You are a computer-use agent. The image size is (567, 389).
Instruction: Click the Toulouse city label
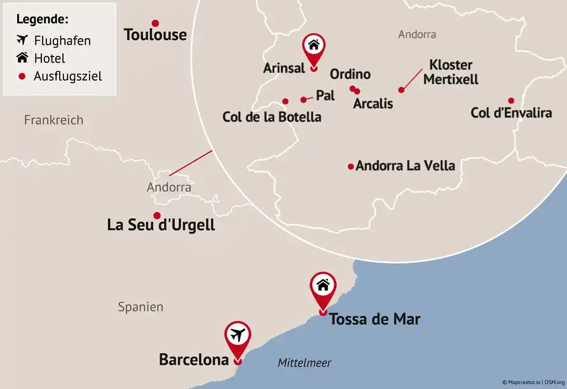pyautogui.click(x=155, y=34)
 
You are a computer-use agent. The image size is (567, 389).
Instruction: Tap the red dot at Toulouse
pyautogui.click(x=155, y=23)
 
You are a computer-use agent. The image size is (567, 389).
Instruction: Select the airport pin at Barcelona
pyautogui.click(x=238, y=336)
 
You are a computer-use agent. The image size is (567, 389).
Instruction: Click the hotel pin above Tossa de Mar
pyautogui.click(x=323, y=287)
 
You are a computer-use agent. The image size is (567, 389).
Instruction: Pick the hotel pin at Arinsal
pyautogui.click(x=313, y=48)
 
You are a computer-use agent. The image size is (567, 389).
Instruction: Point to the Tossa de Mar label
pyautogui.click(x=374, y=319)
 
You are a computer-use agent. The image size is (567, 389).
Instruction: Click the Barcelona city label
pyautogui.click(x=193, y=360)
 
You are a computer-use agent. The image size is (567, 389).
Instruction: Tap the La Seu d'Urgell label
pyautogui.click(x=161, y=225)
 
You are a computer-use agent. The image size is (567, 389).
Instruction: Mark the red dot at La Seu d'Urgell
pyautogui.click(x=156, y=215)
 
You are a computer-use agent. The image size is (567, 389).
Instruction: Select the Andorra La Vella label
pyautogui.click(x=406, y=166)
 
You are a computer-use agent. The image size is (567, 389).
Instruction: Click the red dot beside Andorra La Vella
pyautogui.click(x=350, y=167)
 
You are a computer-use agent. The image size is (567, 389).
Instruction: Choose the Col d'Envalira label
pyautogui.click(x=511, y=113)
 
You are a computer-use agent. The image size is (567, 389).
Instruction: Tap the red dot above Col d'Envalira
pyautogui.click(x=511, y=100)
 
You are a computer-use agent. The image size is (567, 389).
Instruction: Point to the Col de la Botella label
pyautogui.click(x=271, y=117)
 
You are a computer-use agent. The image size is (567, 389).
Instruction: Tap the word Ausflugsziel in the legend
pyautogui.click(x=68, y=76)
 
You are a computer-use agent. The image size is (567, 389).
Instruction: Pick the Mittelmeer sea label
pyautogui.click(x=304, y=363)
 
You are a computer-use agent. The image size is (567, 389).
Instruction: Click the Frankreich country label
pyautogui.click(x=53, y=120)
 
